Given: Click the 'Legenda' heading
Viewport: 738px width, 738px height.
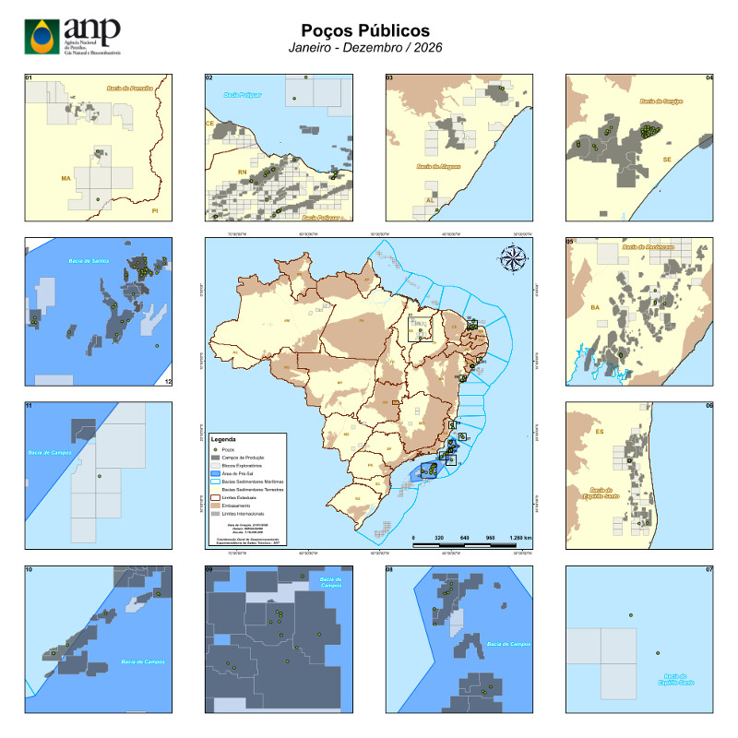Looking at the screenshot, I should click(226, 439).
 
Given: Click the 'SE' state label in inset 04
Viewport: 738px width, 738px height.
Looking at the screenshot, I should click(666, 159).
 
